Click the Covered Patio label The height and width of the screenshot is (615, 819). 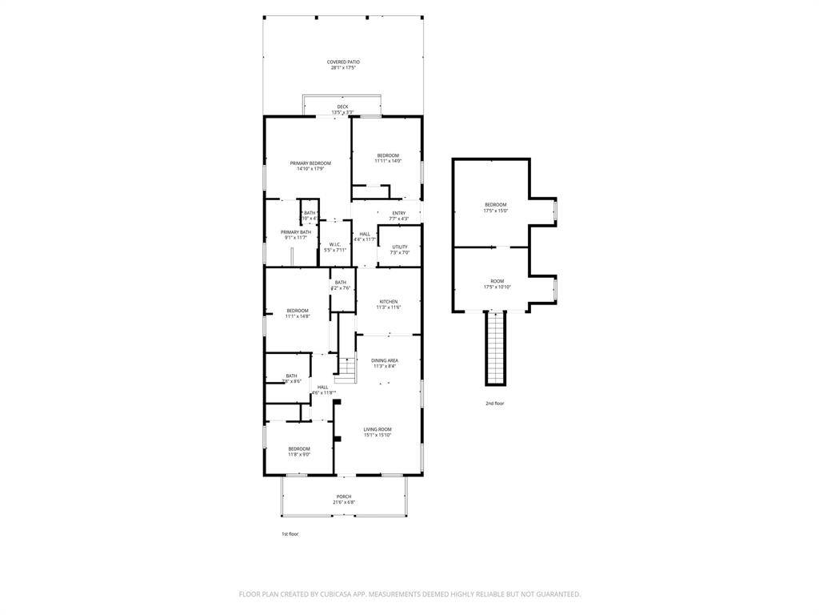pos(342,65)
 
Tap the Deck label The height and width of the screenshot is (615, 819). pos(342,109)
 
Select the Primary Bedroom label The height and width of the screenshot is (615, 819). pos(310,166)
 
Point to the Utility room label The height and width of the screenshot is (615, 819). pos(399,250)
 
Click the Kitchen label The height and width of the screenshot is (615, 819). pos(388,304)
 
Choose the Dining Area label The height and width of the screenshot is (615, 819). pos(384,363)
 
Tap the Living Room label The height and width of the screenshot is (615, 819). pos(378,432)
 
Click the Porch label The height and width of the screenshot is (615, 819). pos(343,500)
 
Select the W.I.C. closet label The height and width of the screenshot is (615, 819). pos(335,247)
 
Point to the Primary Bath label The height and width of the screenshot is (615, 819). pos(295,235)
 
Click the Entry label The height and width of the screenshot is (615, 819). pos(398,215)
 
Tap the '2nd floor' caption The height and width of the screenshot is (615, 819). pos(494,404)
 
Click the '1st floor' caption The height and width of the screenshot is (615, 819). pos(289,534)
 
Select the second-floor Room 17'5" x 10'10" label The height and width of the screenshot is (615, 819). pos(497,283)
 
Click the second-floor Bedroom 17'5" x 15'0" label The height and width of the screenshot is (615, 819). pos(495,207)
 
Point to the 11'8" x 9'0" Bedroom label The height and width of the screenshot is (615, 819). pos(298,452)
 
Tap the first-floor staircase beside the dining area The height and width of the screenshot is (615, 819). pos(346,370)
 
